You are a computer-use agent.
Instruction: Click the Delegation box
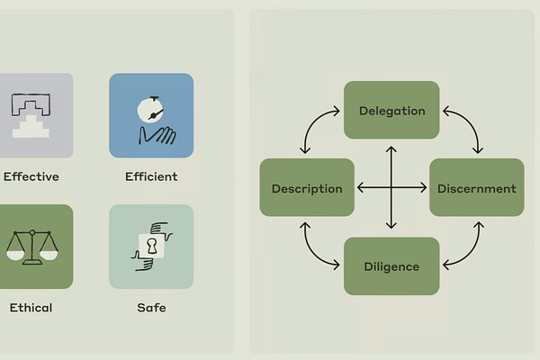(x=391, y=110)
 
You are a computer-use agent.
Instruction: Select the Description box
(x=307, y=188)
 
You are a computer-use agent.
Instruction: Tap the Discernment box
(x=476, y=188)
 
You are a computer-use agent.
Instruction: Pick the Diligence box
(x=391, y=266)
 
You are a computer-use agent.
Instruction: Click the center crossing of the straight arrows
(x=391, y=188)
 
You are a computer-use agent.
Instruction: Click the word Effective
(x=31, y=176)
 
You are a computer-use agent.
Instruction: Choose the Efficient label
(x=151, y=176)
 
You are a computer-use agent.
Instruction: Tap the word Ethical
(x=31, y=308)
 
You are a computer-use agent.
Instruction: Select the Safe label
(x=151, y=308)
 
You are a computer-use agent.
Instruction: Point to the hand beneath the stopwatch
(x=157, y=135)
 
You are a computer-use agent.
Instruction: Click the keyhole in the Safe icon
(x=152, y=245)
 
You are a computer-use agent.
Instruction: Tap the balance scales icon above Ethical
(x=31, y=247)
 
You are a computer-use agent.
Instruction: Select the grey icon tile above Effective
(x=34, y=115)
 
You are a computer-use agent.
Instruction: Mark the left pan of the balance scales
(x=15, y=255)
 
